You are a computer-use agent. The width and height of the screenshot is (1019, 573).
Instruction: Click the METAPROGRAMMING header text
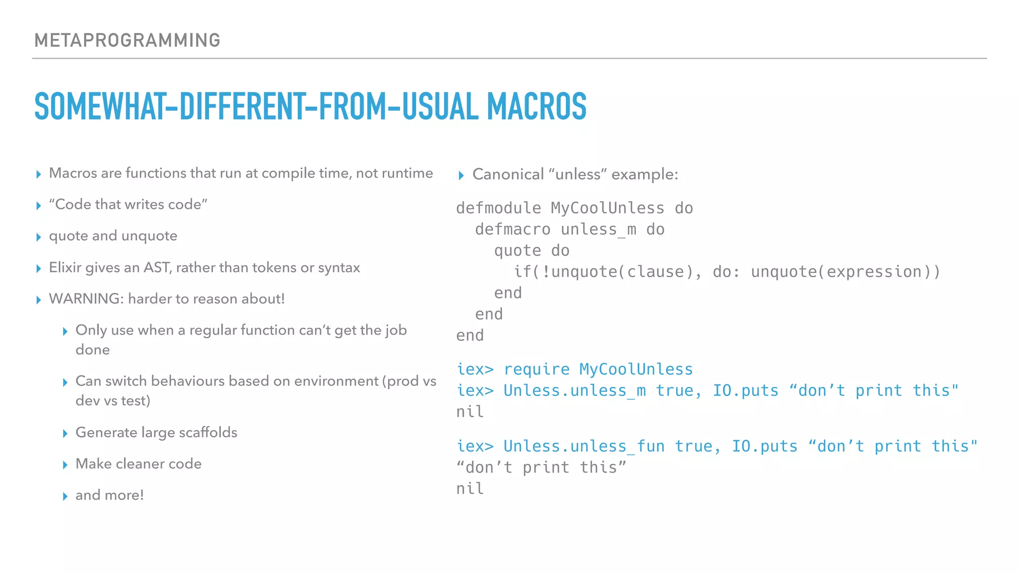127,40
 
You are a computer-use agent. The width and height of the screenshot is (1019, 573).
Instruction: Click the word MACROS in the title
537,107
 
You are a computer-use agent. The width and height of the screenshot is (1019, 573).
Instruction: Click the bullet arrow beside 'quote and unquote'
39,237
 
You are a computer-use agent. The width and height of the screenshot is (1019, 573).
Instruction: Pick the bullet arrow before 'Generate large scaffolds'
65,434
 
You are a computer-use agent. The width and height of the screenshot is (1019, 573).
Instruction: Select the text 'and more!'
109,495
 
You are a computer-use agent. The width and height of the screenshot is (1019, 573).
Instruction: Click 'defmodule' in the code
499,208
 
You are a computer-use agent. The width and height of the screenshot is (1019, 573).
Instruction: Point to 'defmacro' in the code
512,229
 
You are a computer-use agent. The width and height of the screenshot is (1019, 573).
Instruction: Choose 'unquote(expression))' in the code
845,272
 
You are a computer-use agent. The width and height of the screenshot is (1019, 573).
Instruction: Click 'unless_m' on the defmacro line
599,229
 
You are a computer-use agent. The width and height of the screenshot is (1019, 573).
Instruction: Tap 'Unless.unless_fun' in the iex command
584,446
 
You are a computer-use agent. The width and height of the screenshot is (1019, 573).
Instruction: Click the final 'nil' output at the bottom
470,488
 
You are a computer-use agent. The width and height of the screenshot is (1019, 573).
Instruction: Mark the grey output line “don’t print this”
541,468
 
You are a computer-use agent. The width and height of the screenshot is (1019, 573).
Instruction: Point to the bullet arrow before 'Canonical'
461,176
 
